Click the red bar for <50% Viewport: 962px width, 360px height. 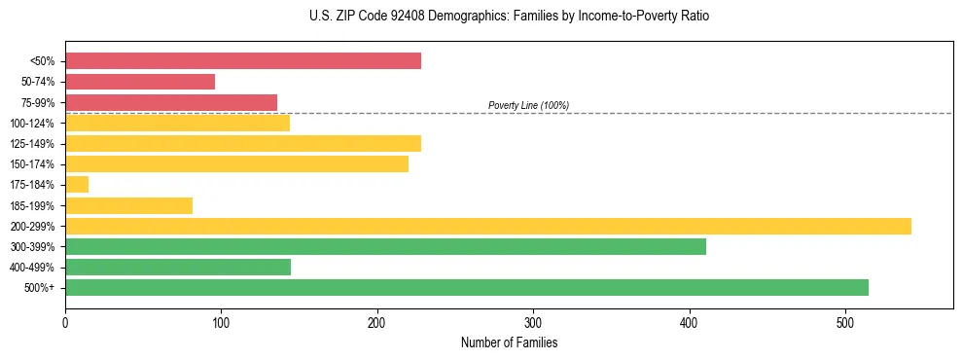pyautogui.click(x=243, y=61)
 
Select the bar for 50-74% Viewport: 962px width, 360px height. pyautogui.click(x=140, y=82)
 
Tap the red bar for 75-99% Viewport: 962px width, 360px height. pyautogui.click(x=171, y=102)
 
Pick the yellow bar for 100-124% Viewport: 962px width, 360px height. pyautogui.click(x=177, y=123)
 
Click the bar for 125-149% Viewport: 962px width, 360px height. pyautogui.click(x=243, y=144)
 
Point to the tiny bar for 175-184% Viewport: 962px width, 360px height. pyautogui.click(x=77, y=185)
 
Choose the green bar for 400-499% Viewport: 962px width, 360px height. pyautogui.click(x=178, y=267)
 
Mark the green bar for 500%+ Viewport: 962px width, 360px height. pyautogui.click(x=467, y=287)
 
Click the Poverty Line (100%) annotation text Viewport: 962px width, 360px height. pyautogui.click(x=528, y=105)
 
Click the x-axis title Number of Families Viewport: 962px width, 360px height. pyautogui.click(x=509, y=342)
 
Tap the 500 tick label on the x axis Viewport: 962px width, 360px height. pyautogui.click(x=845, y=322)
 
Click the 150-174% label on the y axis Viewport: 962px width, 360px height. pyautogui.click(x=32, y=164)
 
